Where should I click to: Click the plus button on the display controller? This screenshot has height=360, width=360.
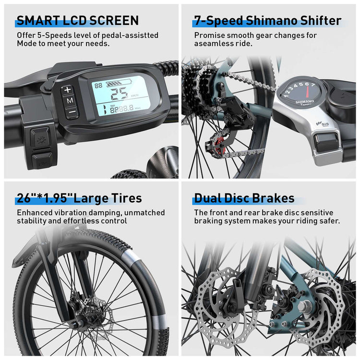click(x=68, y=90)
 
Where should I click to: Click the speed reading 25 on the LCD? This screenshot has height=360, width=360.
click(x=119, y=94)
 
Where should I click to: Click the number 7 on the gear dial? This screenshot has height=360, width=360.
click(x=313, y=84)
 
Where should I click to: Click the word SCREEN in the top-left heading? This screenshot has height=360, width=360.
click(x=114, y=21)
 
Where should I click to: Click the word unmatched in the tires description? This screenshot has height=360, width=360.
click(x=144, y=213)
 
